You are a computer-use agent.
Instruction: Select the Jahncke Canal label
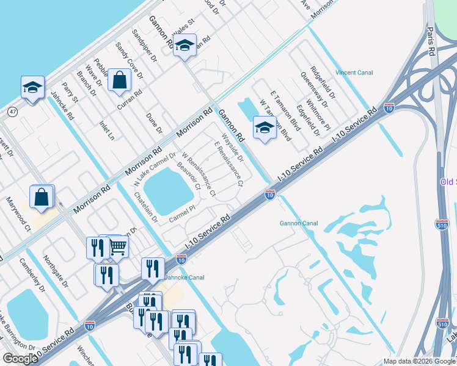click(x=185, y=277)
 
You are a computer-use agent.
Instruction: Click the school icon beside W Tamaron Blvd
click(x=264, y=127)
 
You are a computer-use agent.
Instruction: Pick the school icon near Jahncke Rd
click(x=32, y=87)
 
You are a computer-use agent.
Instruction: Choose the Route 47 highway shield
click(x=12, y=111)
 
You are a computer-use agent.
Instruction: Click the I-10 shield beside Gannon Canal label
click(x=269, y=195)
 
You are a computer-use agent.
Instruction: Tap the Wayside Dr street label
click(x=232, y=149)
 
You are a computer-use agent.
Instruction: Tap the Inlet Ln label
click(x=107, y=130)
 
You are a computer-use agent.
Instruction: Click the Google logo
click(x=20, y=359)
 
